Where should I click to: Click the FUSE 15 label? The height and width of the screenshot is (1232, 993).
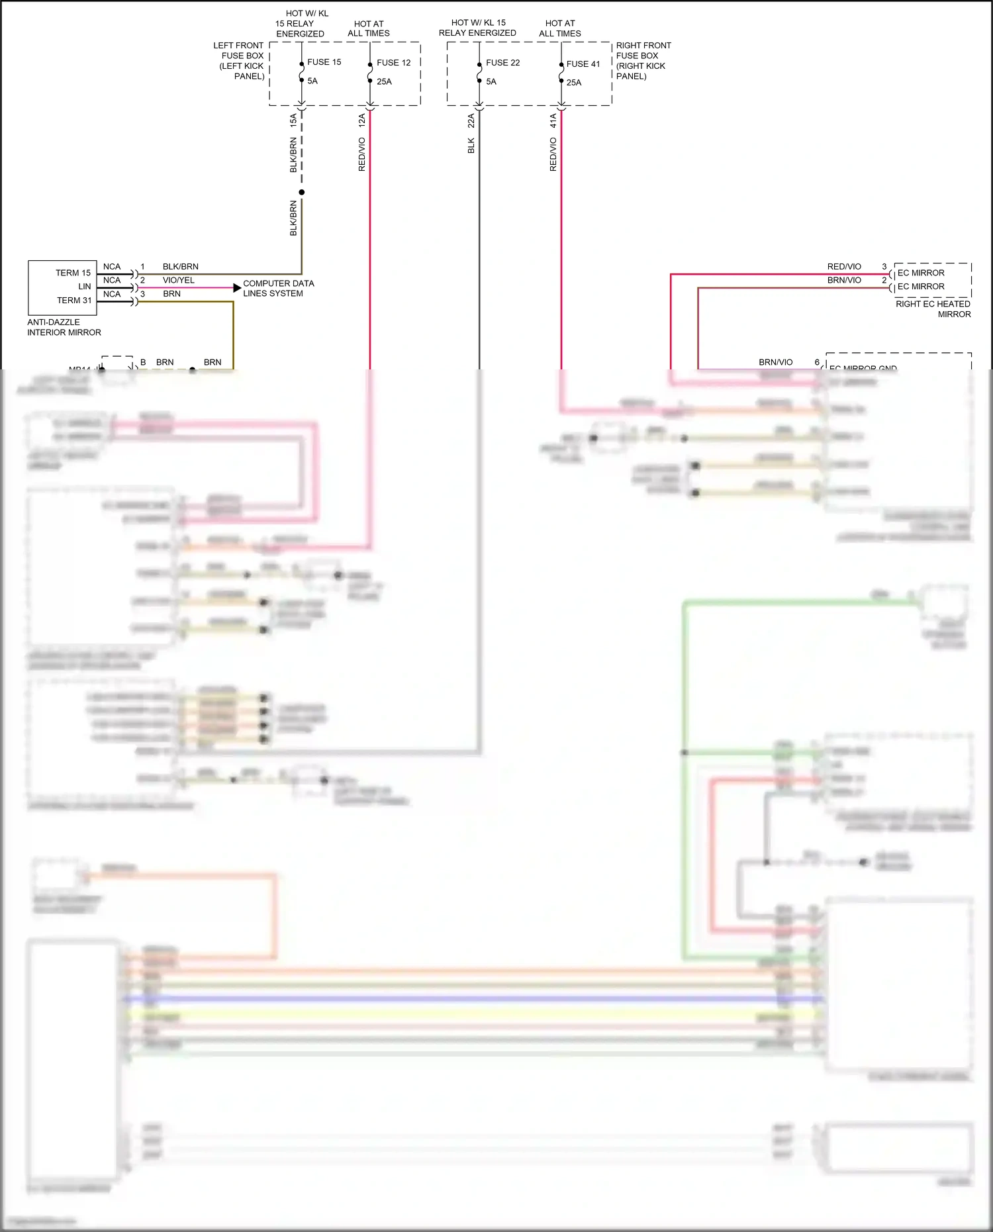(x=324, y=62)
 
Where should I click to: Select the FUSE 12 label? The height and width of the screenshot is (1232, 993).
(x=393, y=63)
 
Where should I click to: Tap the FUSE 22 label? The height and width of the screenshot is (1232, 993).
(x=502, y=63)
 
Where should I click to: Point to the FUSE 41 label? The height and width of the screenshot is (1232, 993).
(x=583, y=64)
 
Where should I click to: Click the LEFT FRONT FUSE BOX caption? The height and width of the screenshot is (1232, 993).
(x=240, y=61)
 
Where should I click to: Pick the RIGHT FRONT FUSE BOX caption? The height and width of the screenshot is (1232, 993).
(x=642, y=61)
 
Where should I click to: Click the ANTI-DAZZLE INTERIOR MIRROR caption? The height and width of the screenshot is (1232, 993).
(x=64, y=327)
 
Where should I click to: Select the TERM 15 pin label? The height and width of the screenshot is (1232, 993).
(x=73, y=273)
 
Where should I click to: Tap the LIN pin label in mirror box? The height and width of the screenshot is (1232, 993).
(x=85, y=287)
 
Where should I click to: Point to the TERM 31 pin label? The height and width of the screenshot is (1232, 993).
(x=74, y=301)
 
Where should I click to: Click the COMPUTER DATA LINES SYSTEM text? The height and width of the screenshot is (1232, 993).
(x=278, y=288)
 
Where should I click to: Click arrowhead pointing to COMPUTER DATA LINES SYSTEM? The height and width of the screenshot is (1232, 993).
(x=237, y=288)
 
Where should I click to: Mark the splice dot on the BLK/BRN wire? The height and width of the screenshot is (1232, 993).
(x=302, y=193)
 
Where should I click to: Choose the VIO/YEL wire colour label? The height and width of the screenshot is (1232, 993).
(x=179, y=281)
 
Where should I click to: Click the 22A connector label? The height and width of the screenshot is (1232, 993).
(x=471, y=120)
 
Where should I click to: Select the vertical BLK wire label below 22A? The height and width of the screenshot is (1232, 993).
(x=471, y=146)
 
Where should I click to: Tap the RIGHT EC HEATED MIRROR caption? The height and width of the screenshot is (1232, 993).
(x=933, y=309)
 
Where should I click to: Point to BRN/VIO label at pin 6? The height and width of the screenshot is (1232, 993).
(x=775, y=362)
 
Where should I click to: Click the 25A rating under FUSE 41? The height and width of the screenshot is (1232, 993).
(x=573, y=83)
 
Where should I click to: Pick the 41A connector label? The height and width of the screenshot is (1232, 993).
(x=553, y=120)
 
